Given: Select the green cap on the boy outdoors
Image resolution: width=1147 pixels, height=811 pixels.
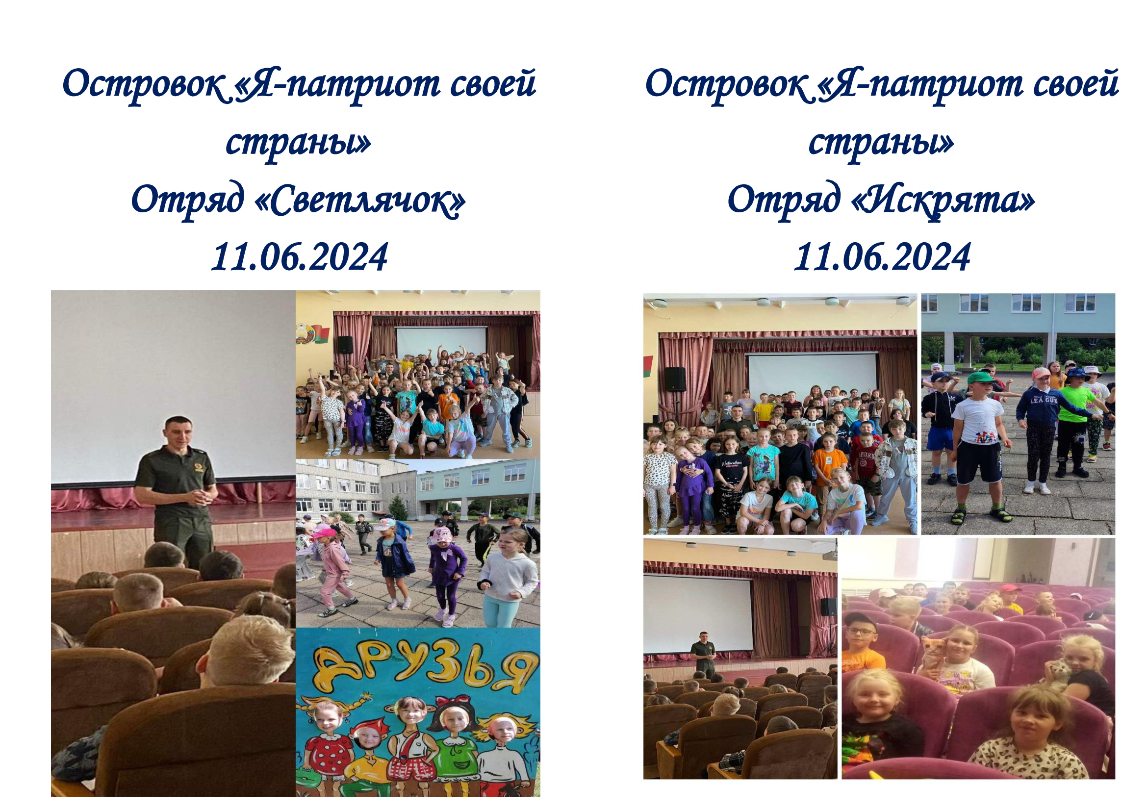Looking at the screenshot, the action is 981,378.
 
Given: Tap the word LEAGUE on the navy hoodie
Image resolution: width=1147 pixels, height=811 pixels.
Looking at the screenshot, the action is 1044,401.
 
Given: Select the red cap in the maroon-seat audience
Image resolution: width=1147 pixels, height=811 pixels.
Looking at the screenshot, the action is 1010,589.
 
